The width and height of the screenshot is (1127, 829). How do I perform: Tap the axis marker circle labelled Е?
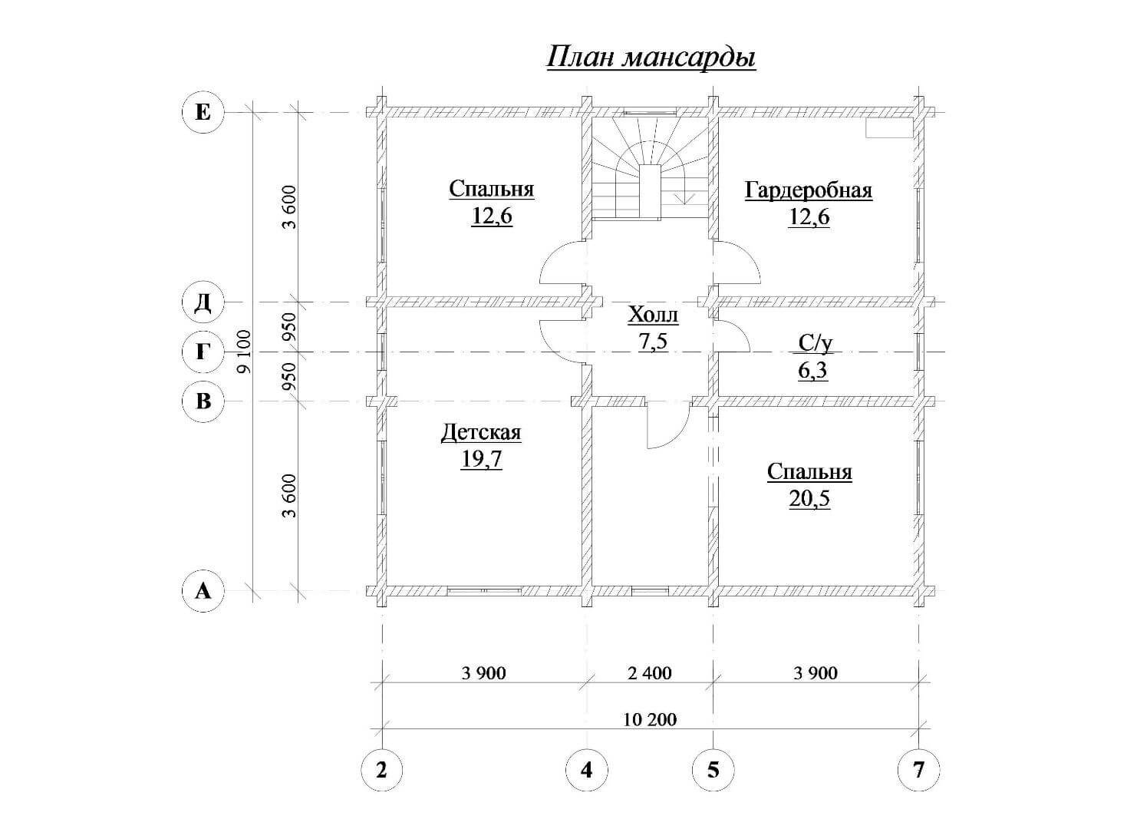(203, 112)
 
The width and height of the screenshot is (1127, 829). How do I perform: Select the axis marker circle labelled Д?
(203, 303)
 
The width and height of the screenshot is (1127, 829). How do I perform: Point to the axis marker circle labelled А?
(203, 591)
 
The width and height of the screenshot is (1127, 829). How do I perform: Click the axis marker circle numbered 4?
(587, 770)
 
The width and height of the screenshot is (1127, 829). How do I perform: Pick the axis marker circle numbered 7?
(918, 770)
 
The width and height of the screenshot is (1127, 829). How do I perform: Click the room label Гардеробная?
(809, 191)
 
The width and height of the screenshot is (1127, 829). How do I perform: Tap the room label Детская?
(481, 432)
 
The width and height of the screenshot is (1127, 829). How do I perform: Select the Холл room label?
(653, 315)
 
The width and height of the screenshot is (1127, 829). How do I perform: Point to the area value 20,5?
(809, 498)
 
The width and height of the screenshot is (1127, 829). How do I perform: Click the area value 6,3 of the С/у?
(812, 371)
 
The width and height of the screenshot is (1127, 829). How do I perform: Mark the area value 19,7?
(482, 459)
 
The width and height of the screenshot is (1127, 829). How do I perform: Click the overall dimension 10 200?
(650, 720)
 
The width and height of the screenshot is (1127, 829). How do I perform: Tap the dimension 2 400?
(650, 673)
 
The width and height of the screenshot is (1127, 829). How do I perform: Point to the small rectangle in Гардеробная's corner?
(889, 127)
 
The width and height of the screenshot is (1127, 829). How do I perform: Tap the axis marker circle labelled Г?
(203, 352)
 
